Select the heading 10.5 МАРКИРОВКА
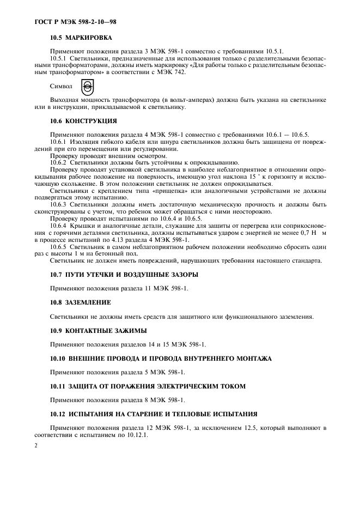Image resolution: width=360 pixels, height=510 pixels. tap(81, 38)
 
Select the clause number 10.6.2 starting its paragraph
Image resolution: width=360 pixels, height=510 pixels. tap(58, 162)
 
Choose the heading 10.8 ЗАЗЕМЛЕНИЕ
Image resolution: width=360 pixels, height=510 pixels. tap(81, 302)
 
